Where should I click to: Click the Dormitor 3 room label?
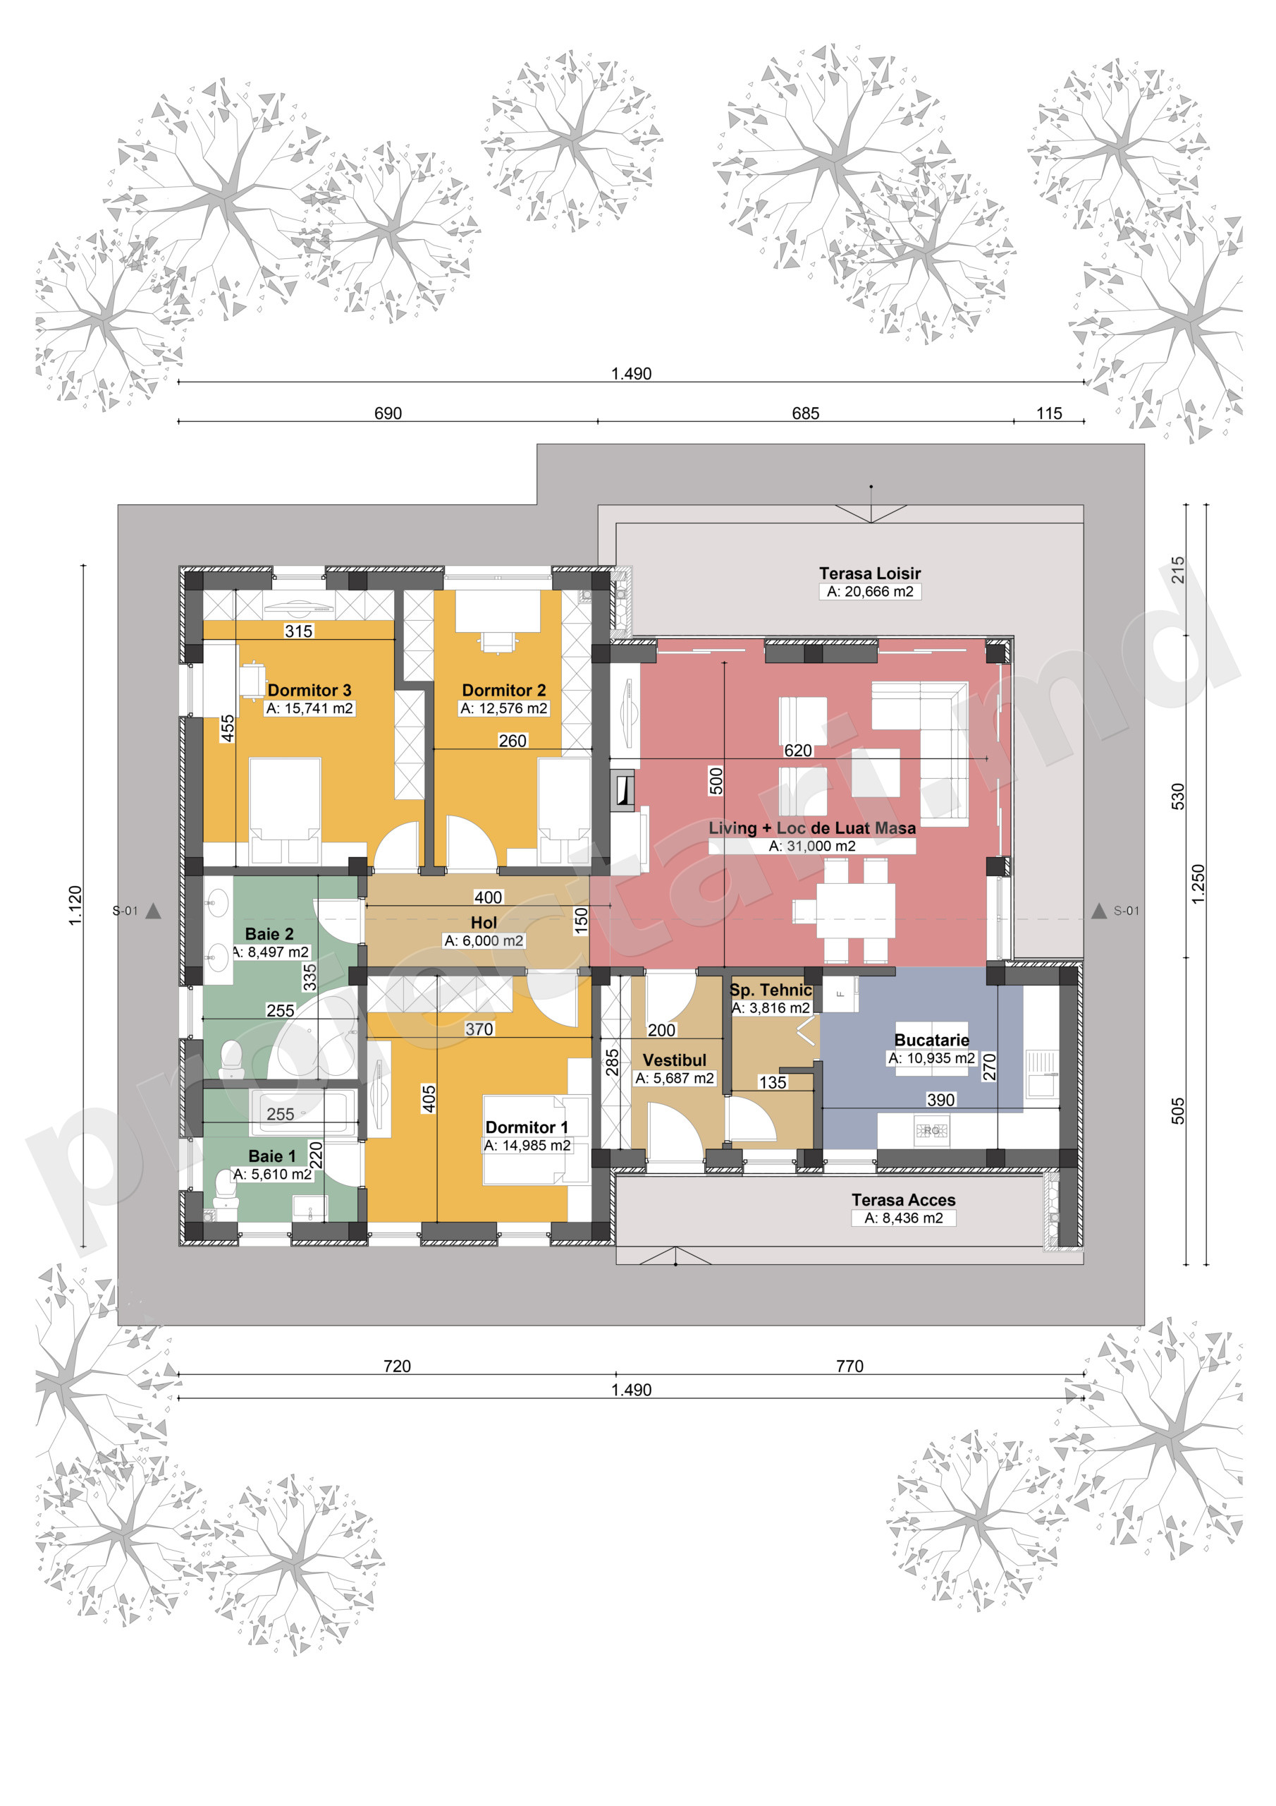(309, 690)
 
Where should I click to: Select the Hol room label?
(484, 923)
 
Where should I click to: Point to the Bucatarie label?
(932, 1040)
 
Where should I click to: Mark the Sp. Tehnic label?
(771, 990)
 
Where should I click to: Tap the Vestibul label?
(675, 1060)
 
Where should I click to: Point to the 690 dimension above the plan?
(388, 413)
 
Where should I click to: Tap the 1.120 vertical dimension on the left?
(75, 905)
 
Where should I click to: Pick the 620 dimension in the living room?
(798, 751)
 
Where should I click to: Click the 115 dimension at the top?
(1049, 413)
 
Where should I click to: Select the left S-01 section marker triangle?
(153, 911)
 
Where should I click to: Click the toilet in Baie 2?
(231, 1058)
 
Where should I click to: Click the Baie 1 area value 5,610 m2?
(273, 1174)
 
